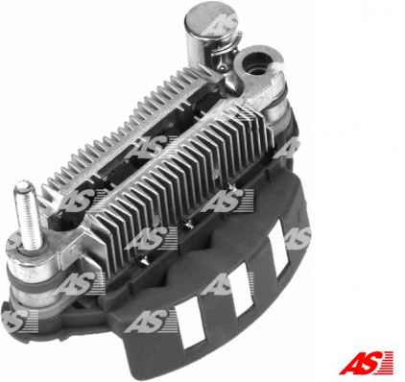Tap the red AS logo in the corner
(366, 363)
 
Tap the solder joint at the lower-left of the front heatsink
(143, 261)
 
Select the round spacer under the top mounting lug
(277, 108)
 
